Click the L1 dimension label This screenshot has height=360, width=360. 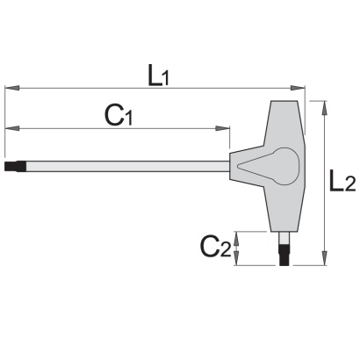click(158, 76)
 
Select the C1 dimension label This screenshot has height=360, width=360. click(119, 116)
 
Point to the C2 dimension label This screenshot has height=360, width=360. click(216, 247)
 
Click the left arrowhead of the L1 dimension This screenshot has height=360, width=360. click(12, 88)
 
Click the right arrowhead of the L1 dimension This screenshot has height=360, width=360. click(298, 88)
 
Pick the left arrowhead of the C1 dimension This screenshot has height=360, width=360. click(12, 128)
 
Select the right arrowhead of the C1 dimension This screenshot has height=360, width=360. click(222, 128)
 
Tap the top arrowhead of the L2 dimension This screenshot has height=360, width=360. click(324, 108)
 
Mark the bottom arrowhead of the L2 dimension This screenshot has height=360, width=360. click(324, 258)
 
